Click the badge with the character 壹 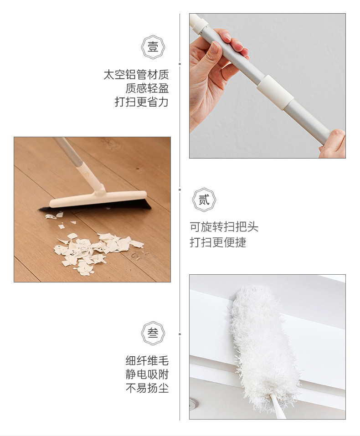pos(153,47)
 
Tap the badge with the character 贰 pos(204,200)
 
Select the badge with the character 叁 pos(153,333)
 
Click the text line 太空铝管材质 pos(136,75)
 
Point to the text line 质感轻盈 pos(147,88)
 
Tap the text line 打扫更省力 pos(142,102)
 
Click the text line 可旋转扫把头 pos(224,227)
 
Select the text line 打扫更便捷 pos(218,242)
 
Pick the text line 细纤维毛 pos(147,361)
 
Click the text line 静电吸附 pos(147,374)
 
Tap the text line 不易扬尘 pos(147,388)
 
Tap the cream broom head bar pos(98,199)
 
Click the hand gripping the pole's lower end pos(333,144)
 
